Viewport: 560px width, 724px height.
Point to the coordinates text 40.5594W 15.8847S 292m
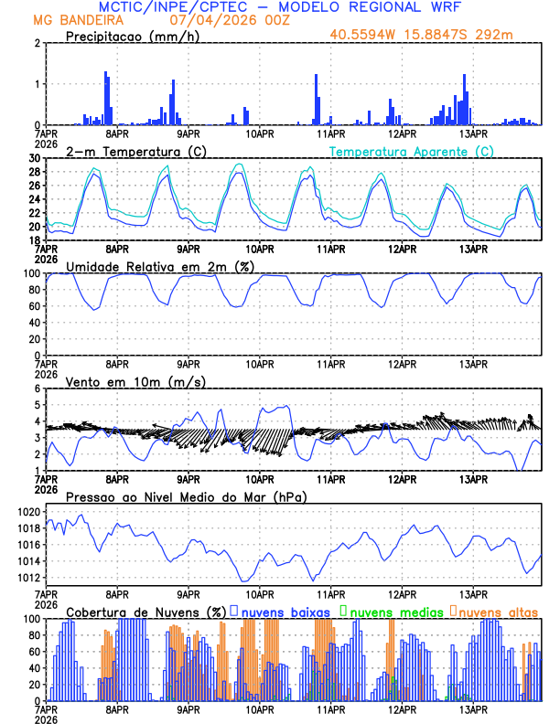pyautogui.click(x=422, y=36)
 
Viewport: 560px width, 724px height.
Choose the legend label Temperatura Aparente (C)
pyautogui.click(x=411, y=151)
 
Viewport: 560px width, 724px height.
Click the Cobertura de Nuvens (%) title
pyautogui.click(x=146, y=612)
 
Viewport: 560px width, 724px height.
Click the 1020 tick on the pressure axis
pyautogui.click(x=29, y=512)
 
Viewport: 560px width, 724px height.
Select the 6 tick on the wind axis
pyautogui.click(x=37, y=389)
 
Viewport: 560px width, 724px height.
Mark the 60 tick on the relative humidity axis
pyautogui.click(x=34, y=306)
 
